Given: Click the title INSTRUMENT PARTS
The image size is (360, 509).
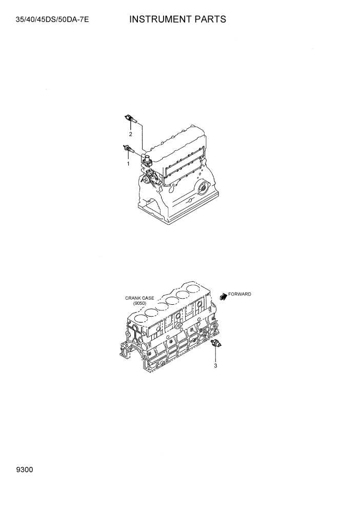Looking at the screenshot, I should coord(177,19).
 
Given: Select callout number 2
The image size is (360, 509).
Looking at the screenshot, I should coord(130,134).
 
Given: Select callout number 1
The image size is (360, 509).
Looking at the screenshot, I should coord(128,164).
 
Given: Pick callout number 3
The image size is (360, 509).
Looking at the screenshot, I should coord(216,366).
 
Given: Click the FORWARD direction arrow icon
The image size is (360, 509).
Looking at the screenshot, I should coord(223,296).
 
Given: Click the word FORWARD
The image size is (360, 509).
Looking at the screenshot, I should coord(239,294).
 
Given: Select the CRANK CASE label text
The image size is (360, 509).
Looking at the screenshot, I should coord(139,298).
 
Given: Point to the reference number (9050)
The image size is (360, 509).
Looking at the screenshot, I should coord(139,303).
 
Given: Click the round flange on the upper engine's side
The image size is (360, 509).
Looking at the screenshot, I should coord(203,189).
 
